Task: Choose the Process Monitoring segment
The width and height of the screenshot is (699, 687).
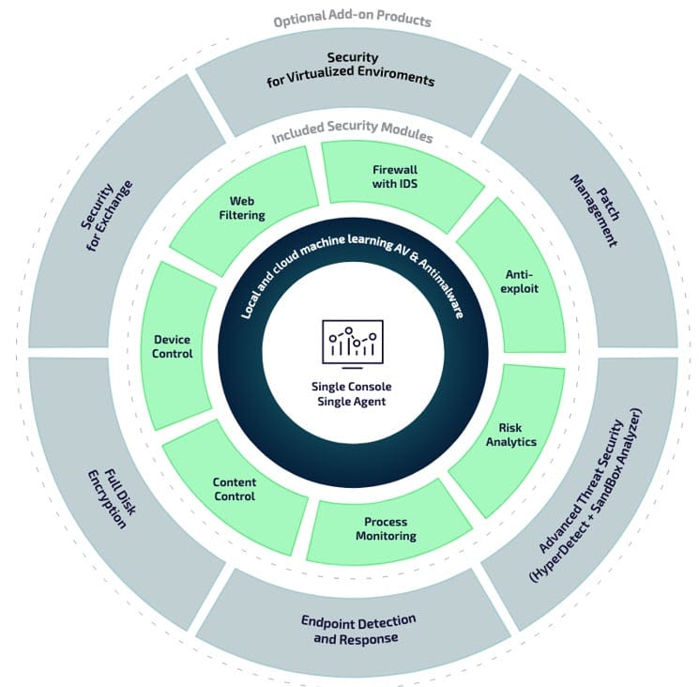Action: click(x=386, y=528)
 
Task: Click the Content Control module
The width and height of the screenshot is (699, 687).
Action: click(x=234, y=488)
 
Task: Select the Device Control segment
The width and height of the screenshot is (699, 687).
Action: click(x=173, y=346)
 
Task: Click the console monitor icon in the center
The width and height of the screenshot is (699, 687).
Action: click(x=349, y=340)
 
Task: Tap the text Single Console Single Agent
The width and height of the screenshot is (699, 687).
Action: click(x=349, y=393)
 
